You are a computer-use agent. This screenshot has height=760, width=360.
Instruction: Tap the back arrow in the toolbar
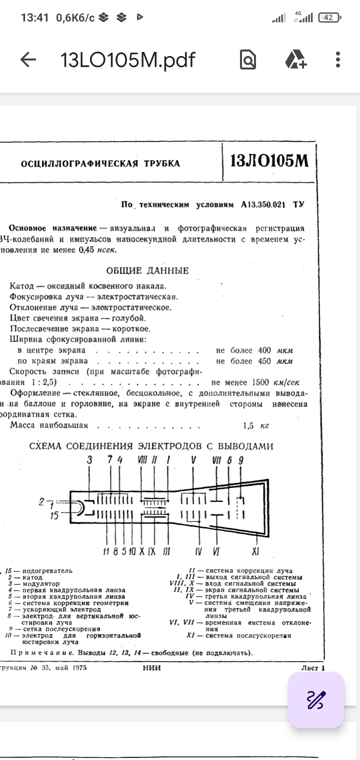tap(28, 60)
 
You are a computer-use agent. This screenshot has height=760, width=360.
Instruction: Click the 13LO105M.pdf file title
tap(127, 60)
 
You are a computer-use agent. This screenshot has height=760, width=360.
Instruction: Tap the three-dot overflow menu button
tap(338, 60)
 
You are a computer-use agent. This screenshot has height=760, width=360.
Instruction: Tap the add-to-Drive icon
tap(296, 60)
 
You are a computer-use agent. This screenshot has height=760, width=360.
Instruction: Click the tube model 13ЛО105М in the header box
tap(269, 161)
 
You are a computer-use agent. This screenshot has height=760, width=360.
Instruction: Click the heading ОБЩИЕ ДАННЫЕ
tap(147, 270)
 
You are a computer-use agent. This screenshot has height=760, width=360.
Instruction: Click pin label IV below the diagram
tap(198, 552)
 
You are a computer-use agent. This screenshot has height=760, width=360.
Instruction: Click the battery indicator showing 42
tap(328, 18)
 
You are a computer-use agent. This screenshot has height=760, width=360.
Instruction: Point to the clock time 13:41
tap(34, 18)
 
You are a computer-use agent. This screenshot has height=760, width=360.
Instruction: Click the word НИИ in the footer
tap(151, 667)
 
